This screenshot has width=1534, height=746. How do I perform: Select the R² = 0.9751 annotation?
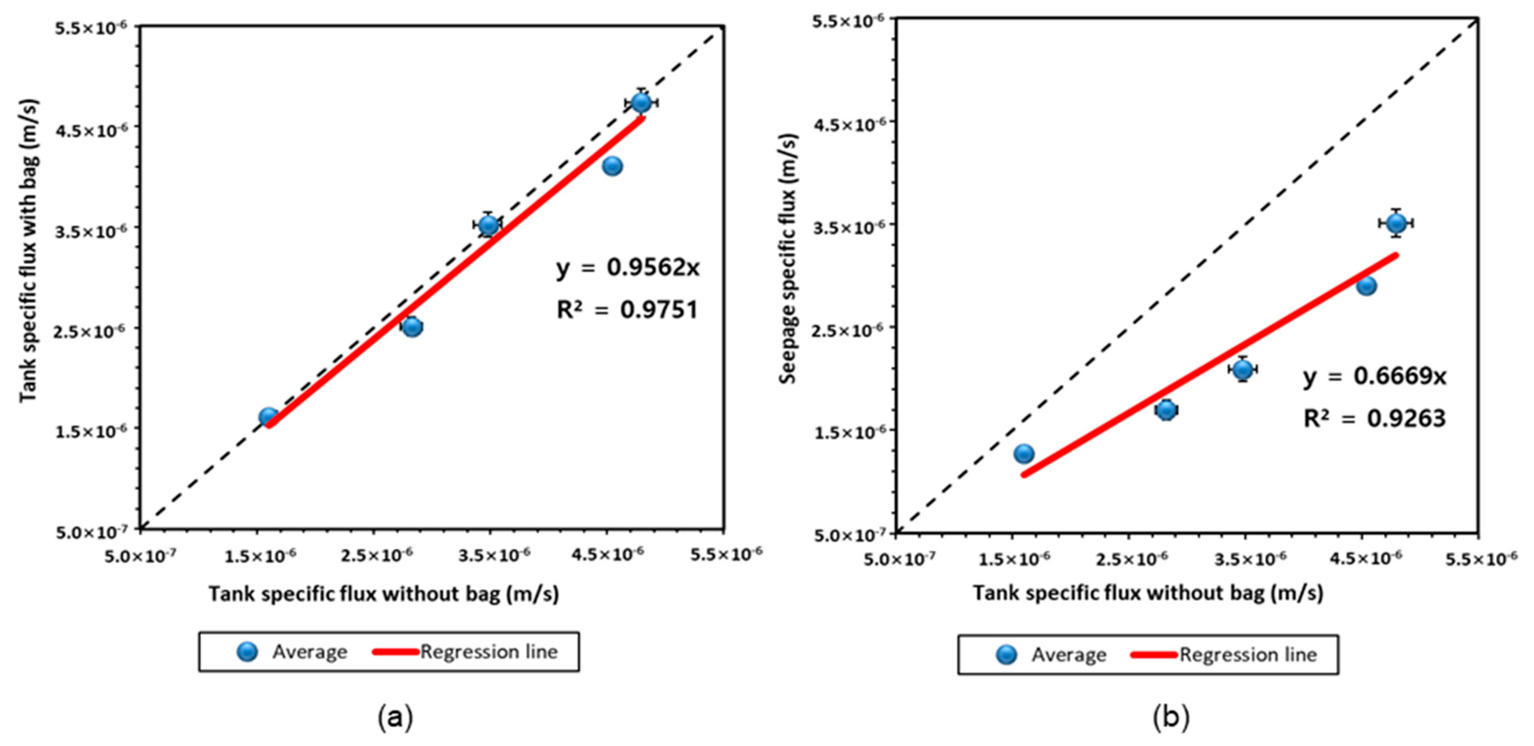[626, 309]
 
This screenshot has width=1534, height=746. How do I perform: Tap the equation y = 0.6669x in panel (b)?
[1374, 376]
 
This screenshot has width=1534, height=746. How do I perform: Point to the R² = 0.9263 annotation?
[1374, 418]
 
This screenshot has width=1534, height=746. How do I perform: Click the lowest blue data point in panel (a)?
[269, 417]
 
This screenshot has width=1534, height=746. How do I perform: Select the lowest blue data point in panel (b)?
[1023, 454]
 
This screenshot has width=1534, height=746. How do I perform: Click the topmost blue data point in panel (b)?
[1396, 223]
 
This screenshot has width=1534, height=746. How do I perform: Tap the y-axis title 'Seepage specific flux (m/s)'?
[788, 259]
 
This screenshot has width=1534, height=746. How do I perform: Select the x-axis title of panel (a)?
[383, 594]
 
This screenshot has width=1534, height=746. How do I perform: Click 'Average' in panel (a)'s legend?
[310, 652]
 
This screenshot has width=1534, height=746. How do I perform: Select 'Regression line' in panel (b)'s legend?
[1248, 654]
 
